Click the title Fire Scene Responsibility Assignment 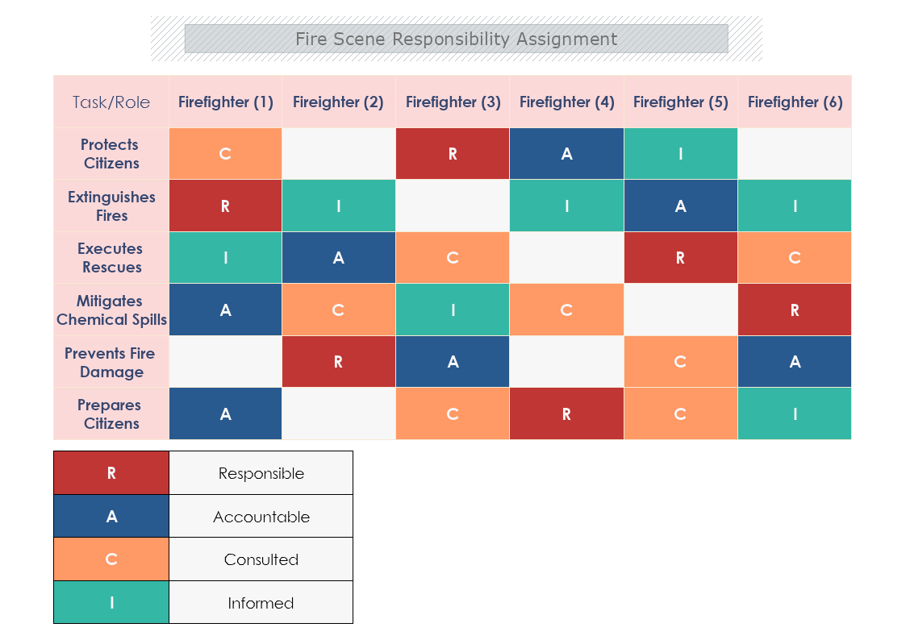pos(456,39)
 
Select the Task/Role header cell pos(111,102)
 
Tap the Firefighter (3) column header pos(453,102)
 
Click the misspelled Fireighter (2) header pos(338,102)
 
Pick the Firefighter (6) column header pos(795,102)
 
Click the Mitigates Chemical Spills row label pos(111,310)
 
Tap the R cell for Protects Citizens pos(453,153)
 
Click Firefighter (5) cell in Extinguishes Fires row pos(680,206)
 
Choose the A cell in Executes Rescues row pos(338,258)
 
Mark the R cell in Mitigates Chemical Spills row pos(795,310)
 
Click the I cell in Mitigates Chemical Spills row pos(453,310)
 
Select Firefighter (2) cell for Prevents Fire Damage pos(338,362)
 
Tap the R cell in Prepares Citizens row pos(566,414)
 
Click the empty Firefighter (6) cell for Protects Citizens pos(795,153)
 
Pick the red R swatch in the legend pos(111,473)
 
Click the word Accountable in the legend pos(261,517)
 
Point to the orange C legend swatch pos(111,559)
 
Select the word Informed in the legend pos(261,603)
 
